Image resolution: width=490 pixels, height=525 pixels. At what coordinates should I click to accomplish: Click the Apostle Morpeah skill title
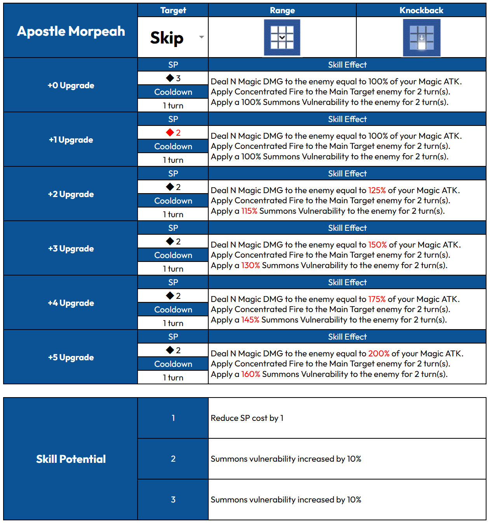click(71, 31)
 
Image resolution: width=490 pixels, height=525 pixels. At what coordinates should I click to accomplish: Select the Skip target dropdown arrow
click(201, 37)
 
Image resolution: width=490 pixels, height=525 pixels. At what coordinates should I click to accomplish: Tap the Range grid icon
click(282, 37)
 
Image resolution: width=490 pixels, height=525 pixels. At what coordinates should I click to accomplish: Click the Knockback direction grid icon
click(422, 38)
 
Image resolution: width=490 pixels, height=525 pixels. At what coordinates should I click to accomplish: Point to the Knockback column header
click(421, 10)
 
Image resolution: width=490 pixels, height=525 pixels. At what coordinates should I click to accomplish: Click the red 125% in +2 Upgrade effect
click(377, 190)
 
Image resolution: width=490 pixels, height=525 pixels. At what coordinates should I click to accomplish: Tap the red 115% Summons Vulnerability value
click(249, 211)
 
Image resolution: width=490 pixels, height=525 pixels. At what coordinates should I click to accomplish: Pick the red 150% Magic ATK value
click(377, 245)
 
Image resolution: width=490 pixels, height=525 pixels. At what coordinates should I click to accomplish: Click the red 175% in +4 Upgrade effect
click(377, 299)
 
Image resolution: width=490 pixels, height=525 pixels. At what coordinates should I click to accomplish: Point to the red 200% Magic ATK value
click(379, 354)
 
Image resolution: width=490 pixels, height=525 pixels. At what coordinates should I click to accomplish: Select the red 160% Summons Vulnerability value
click(251, 374)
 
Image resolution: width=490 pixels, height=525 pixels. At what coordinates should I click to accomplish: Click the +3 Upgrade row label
click(71, 248)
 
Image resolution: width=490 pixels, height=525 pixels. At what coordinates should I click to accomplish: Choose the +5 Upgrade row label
click(71, 357)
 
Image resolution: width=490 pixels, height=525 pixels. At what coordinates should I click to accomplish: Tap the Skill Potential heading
click(71, 459)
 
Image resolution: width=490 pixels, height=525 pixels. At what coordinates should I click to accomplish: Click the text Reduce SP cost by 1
click(247, 418)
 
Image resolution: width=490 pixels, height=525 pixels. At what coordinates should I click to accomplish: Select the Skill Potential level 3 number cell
click(173, 499)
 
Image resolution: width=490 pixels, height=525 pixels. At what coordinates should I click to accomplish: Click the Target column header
click(173, 10)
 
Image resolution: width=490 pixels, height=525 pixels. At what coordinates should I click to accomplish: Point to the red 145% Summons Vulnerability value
click(250, 320)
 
